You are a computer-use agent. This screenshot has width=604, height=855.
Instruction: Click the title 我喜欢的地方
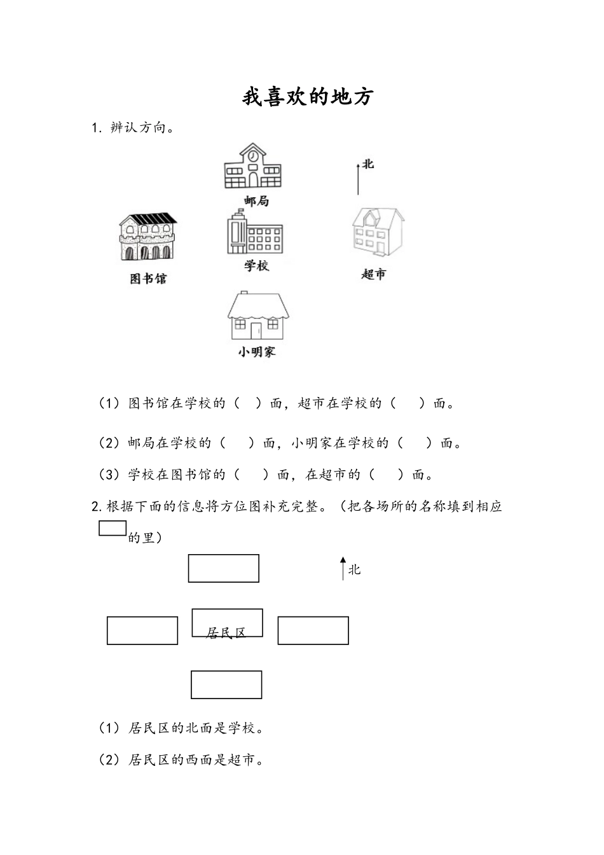tap(307, 97)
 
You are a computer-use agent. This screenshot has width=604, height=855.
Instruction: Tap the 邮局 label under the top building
tap(256, 201)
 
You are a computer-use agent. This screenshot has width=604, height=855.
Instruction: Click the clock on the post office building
tap(253, 155)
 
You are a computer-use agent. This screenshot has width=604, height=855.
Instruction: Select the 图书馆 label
tap(148, 279)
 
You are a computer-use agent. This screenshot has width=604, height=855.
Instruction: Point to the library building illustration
tap(148, 237)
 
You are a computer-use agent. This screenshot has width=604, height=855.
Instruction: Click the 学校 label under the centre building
tap(256, 265)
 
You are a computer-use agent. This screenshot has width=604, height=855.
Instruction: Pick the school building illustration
tap(254, 233)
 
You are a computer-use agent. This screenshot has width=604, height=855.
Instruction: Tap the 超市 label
tap(374, 274)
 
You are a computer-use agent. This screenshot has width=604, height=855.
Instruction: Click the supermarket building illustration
tap(378, 232)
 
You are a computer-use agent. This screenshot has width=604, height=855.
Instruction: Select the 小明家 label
tap(257, 351)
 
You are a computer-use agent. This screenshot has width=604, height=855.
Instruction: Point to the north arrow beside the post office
tap(358, 179)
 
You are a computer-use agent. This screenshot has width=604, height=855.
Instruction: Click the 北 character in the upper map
tap(368, 164)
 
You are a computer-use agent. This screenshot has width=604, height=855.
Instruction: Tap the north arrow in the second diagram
tap(343, 568)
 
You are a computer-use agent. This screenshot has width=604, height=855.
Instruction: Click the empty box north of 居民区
tap(224, 568)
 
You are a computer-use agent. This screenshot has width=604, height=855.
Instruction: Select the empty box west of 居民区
tap(142, 630)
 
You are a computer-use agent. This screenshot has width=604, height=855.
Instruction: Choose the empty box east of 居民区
tap(313, 630)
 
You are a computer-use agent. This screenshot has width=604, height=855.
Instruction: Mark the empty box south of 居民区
tap(226, 685)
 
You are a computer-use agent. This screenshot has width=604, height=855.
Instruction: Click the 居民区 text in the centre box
tap(226, 633)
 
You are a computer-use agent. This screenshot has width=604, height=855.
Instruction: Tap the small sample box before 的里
tap(113, 528)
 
